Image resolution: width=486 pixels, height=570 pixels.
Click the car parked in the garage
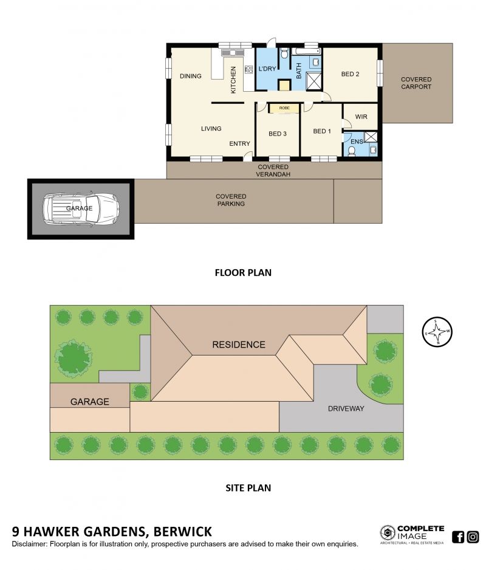(81, 208)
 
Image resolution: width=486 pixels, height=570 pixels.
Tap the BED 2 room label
(350, 74)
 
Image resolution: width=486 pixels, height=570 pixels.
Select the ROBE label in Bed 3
(284, 108)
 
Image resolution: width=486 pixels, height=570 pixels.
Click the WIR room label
(361, 117)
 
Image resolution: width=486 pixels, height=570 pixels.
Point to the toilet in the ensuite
(352, 151)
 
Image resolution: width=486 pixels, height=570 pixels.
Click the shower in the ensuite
(371, 137)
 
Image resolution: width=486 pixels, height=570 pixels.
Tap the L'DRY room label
(267, 69)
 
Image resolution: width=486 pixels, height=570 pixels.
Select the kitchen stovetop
(248, 69)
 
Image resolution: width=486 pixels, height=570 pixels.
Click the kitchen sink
(233, 53)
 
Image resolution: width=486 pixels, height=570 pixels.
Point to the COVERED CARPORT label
(416, 83)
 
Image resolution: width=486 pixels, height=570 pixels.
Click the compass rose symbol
(437, 332)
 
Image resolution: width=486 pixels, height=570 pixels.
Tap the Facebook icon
(458, 537)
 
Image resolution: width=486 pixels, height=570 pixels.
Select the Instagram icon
(473, 537)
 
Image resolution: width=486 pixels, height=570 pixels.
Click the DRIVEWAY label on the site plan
(346, 408)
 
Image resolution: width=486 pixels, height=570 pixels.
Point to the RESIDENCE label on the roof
(239, 345)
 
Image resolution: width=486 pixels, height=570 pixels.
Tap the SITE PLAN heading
(248, 488)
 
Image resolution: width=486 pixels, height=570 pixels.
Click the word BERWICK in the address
(182, 532)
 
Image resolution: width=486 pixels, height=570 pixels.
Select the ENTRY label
(239, 143)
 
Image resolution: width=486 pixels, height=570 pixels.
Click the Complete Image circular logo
(388, 533)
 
